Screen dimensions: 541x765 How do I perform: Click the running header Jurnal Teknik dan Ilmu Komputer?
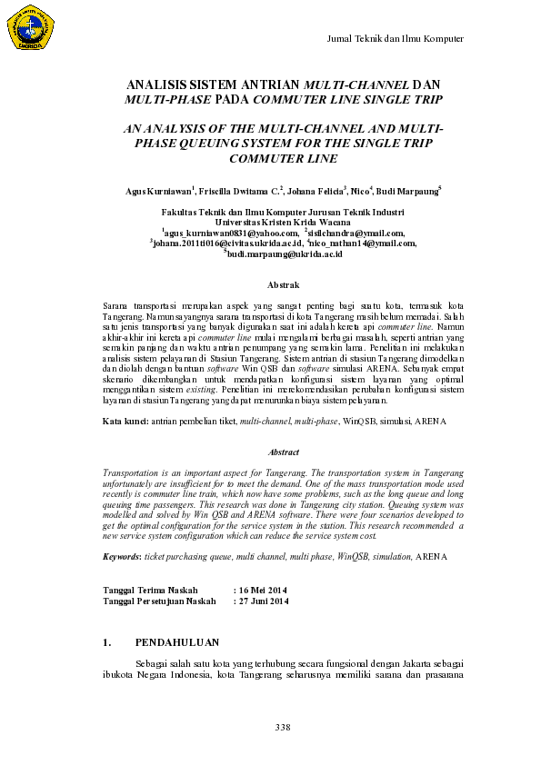tap(395, 38)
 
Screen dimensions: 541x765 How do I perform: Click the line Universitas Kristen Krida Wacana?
tap(270, 221)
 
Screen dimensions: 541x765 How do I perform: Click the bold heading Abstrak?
tap(270, 284)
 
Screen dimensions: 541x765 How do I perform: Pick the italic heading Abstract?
tap(270, 452)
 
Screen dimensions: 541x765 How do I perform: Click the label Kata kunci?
tap(125, 422)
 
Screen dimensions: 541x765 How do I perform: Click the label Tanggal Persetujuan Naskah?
tap(160, 601)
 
